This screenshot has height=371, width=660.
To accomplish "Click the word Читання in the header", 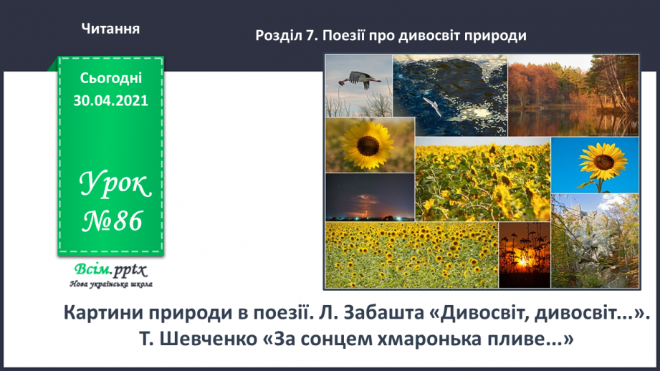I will tap(110, 29).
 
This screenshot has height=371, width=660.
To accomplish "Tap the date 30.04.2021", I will tap(110, 101).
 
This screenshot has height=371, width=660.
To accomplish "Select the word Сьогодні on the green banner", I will tap(110, 78).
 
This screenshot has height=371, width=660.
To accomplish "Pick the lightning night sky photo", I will tap(370, 197).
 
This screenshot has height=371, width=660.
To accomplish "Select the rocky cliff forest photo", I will tap(595, 240).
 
